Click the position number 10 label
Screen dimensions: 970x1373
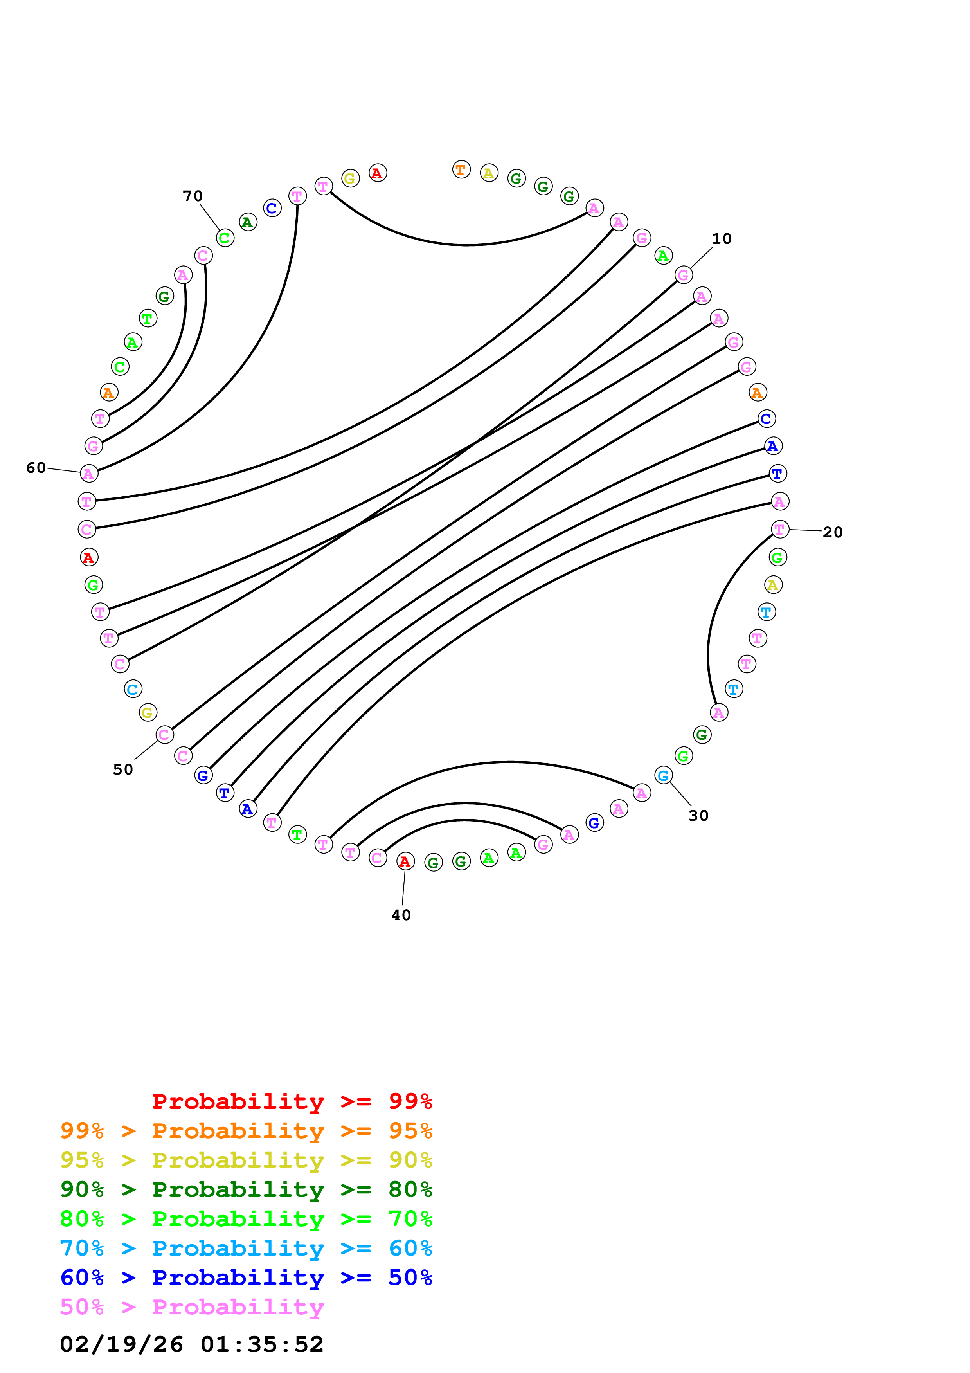[722, 239]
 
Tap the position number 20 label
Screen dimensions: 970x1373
[833, 532]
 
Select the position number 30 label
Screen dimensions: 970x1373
[698, 816]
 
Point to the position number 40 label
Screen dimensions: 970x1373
[401, 915]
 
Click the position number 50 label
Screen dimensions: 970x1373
[123, 769]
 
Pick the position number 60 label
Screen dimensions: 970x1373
[36, 468]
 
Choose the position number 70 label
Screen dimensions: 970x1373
[193, 196]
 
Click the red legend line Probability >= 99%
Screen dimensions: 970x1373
[292, 1101]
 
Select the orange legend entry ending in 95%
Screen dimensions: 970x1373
[246, 1131]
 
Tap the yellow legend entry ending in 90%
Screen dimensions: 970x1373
[246, 1160]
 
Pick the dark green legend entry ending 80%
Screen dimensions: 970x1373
[246, 1189]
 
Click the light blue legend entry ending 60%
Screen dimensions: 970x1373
[246, 1248]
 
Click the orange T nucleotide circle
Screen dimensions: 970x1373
[461, 170]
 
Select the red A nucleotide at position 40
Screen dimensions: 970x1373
[405, 861]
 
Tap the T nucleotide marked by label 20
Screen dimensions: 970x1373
[779, 529]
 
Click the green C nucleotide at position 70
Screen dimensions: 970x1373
[225, 238]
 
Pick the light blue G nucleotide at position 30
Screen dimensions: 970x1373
[663, 776]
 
